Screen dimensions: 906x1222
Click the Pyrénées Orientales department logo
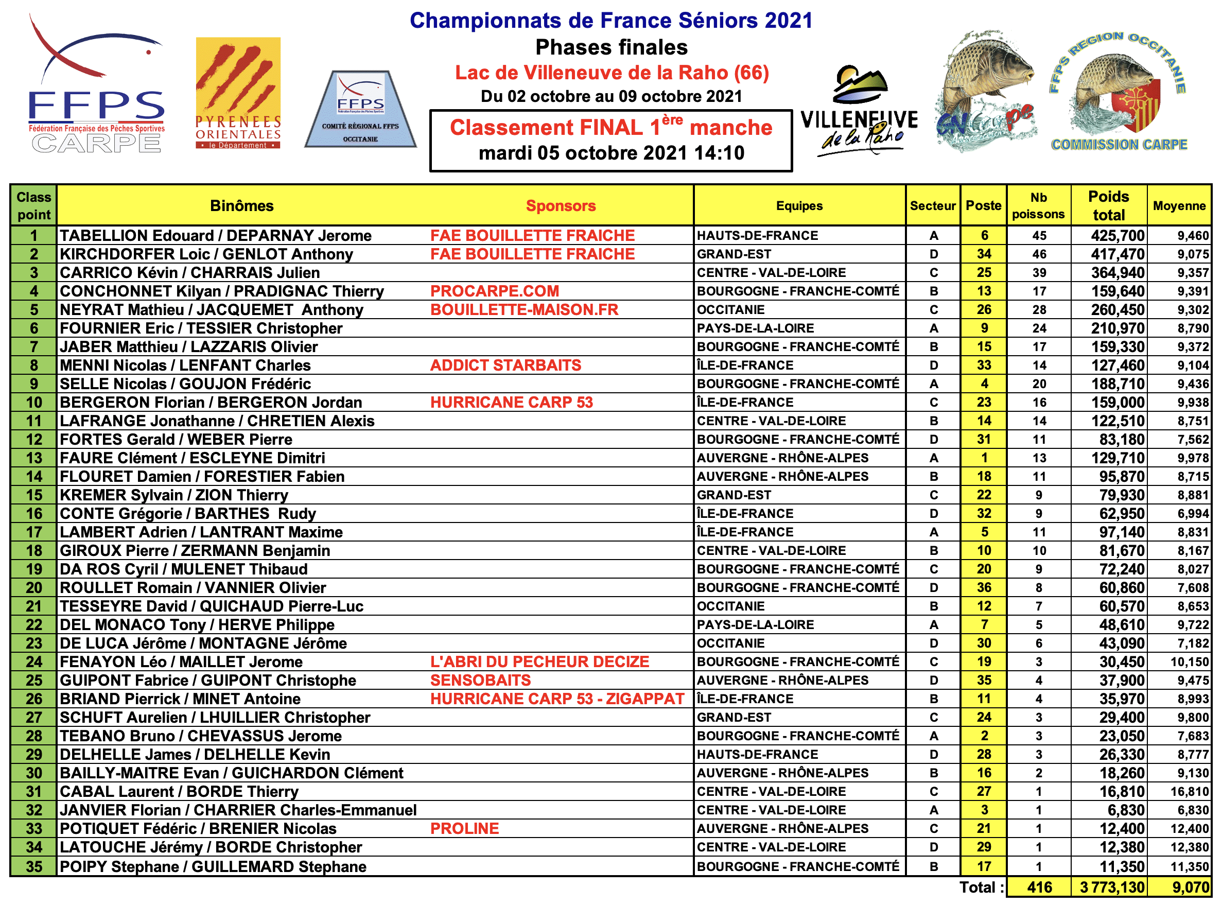pyautogui.click(x=238, y=93)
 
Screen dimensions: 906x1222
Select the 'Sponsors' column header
pyautogui.click(x=561, y=206)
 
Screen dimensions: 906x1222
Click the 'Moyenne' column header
pyautogui.click(x=1179, y=206)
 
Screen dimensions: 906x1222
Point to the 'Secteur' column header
pyautogui.click(x=932, y=206)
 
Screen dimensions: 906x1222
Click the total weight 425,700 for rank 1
pyautogui.click(x=1117, y=236)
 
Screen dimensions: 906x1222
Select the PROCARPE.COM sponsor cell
pyautogui.click(x=494, y=291)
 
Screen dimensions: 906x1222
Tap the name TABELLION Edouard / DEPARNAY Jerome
pyautogui.click(x=216, y=236)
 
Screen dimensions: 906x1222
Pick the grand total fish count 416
pyautogui.click(x=1039, y=887)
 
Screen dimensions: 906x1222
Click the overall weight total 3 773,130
pyautogui.click(x=1112, y=887)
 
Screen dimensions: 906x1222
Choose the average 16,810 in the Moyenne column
pyautogui.click(x=1189, y=791)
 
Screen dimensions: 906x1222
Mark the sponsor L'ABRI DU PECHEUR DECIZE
pyautogui.click(x=539, y=662)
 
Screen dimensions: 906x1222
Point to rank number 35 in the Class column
pyautogui.click(x=34, y=866)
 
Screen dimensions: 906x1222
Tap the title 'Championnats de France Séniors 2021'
pyautogui.click(x=611, y=21)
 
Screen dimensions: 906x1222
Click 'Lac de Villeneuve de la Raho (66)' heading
pyautogui.click(x=612, y=73)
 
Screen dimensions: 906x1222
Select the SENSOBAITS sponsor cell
pyautogui.click(x=480, y=681)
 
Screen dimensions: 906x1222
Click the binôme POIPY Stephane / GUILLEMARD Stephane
pyautogui.click(x=213, y=866)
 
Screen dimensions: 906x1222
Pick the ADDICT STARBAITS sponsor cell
pyautogui.click(x=505, y=365)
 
